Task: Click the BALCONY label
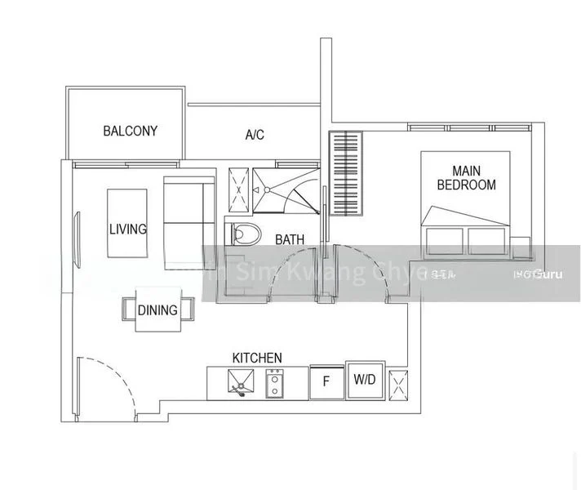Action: pos(131,131)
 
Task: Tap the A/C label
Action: pos(255,135)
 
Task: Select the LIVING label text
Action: pos(128,229)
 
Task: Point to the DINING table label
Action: pos(157,310)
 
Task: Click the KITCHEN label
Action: pos(257,358)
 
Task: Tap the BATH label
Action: pos(290,239)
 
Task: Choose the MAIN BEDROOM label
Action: pos(466,178)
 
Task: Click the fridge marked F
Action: pos(326,381)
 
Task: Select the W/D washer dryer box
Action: pos(364,380)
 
